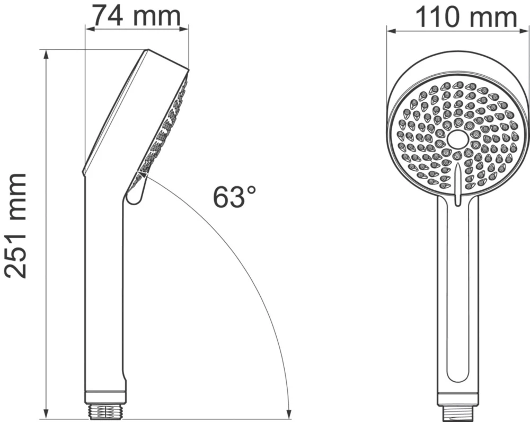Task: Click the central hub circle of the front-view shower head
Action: point(457,139)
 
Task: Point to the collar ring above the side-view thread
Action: point(106,395)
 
